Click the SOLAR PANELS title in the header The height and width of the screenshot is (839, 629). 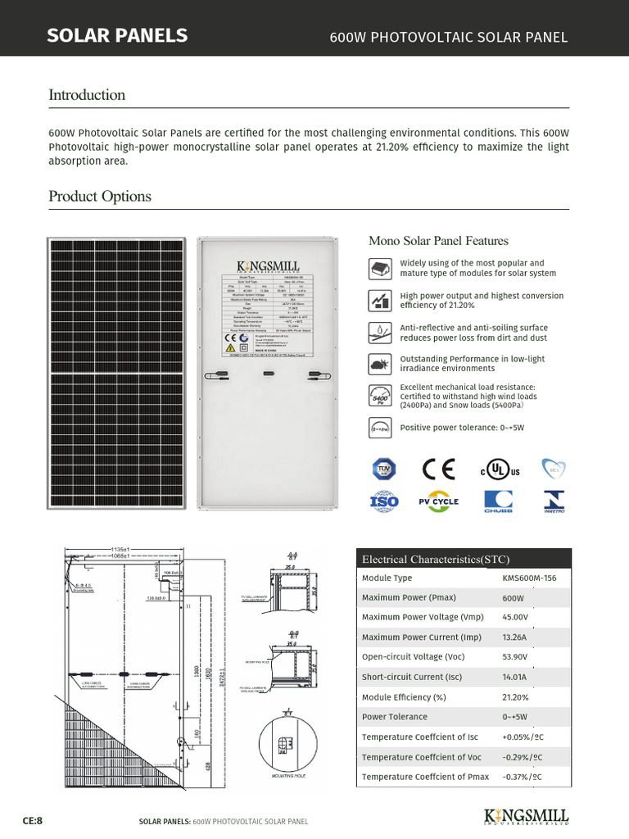click(x=117, y=35)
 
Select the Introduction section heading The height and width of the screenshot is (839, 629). click(x=87, y=95)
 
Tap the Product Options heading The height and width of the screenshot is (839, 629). click(x=100, y=197)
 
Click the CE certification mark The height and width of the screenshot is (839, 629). click(x=438, y=469)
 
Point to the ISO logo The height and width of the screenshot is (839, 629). click(x=384, y=501)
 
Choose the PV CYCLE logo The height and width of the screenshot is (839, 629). click(x=439, y=501)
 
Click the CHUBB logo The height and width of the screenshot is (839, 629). click(x=497, y=501)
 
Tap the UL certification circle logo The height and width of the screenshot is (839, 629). click(x=496, y=469)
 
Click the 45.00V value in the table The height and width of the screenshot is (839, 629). click(x=515, y=617)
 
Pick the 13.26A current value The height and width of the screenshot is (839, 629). click(x=514, y=637)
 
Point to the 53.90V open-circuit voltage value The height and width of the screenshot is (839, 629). click(x=515, y=657)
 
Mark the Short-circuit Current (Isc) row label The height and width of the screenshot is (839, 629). click(x=406, y=677)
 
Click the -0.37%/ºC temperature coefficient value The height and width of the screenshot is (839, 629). click(x=521, y=777)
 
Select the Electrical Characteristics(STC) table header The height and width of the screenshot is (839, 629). click(x=436, y=560)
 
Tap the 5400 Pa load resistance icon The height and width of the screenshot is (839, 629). click(x=380, y=397)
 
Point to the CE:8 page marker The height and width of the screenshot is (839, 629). click(x=32, y=820)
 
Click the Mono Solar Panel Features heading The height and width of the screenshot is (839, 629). click(x=438, y=241)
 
